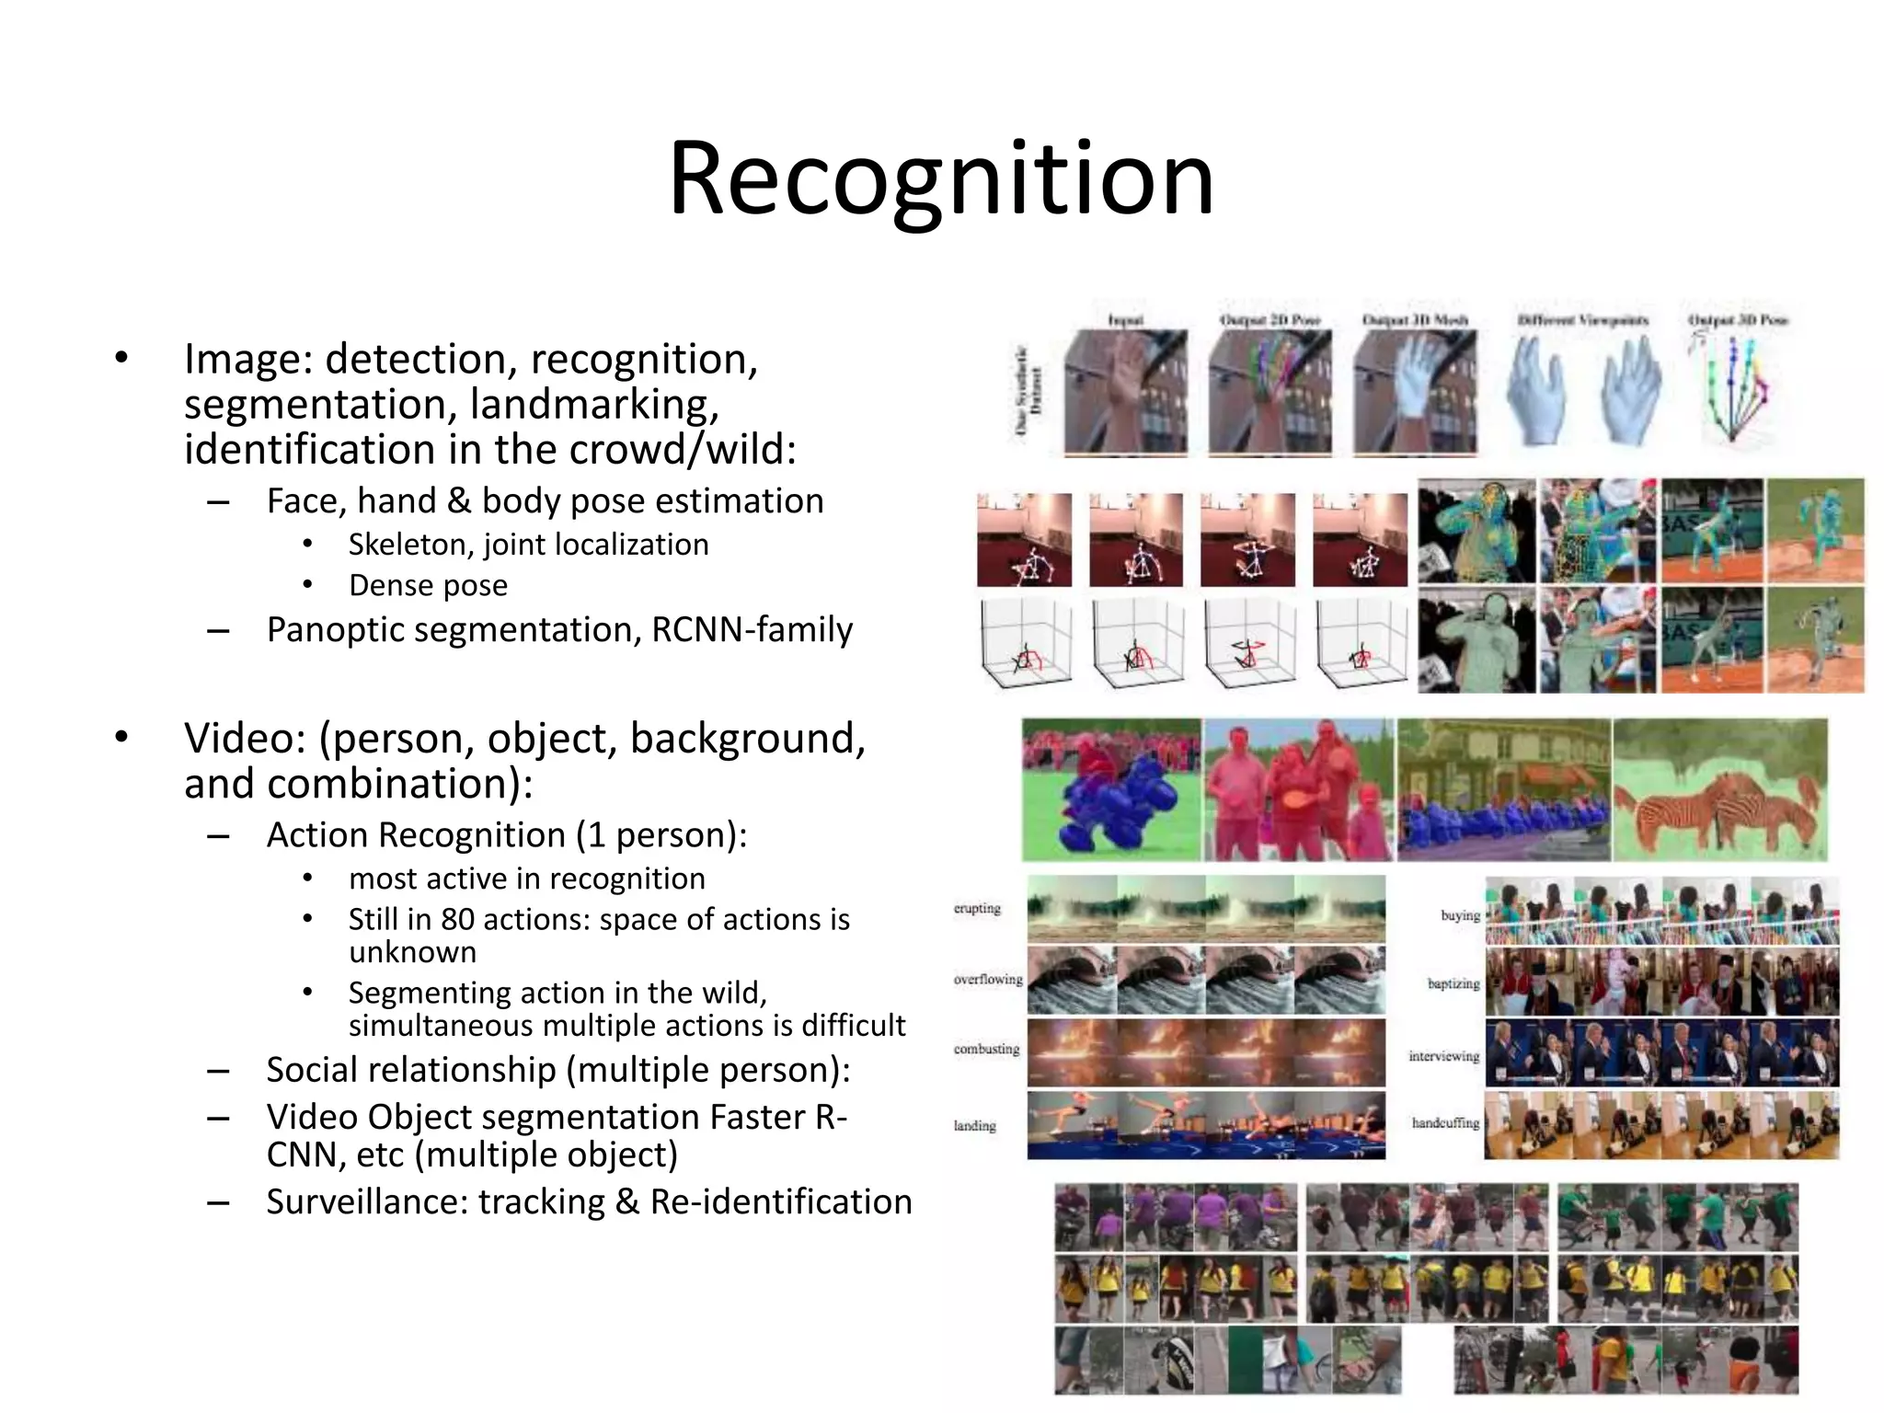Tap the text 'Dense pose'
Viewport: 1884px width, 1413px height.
point(428,585)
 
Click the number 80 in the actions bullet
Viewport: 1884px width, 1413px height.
point(457,919)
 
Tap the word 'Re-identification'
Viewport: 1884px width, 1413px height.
point(781,1201)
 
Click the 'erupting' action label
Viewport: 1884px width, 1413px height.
point(977,908)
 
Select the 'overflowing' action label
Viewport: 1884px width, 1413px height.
point(988,979)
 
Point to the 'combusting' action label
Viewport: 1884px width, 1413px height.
point(986,1049)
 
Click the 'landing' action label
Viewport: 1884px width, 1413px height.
point(975,1125)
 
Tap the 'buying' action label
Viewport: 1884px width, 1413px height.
point(1460,915)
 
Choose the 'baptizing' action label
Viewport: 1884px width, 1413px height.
point(1453,983)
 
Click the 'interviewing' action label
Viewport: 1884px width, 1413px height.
point(1444,1055)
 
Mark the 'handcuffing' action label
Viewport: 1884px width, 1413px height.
point(1445,1122)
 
